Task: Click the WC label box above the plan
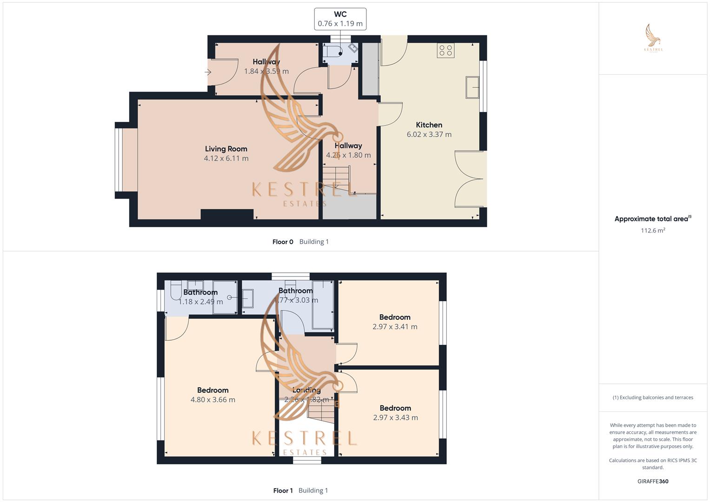click(340, 19)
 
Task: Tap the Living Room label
click(226, 149)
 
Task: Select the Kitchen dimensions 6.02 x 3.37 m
click(429, 134)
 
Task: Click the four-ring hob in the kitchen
click(445, 50)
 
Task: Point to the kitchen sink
click(472, 87)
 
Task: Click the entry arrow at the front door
click(208, 72)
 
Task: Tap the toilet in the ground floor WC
click(333, 51)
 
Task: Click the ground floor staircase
click(337, 178)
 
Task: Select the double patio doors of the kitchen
click(471, 178)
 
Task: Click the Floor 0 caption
click(283, 242)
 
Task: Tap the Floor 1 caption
click(283, 490)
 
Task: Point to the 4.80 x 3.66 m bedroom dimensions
click(212, 400)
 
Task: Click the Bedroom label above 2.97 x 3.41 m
click(395, 317)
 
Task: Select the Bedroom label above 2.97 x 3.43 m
click(395, 408)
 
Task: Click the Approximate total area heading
click(652, 218)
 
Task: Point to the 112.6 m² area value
click(652, 231)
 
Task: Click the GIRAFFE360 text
click(652, 481)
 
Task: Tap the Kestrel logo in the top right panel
click(653, 38)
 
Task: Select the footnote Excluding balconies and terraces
click(652, 397)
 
